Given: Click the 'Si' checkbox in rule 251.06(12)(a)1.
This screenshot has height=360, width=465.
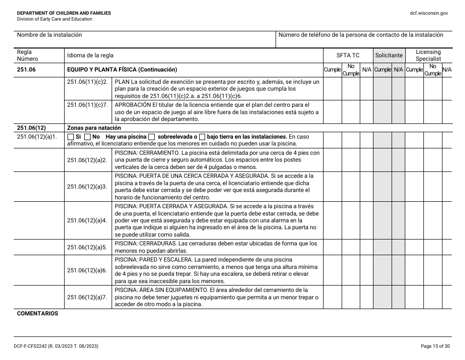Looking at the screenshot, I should pyautogui.click(x=71, y=137).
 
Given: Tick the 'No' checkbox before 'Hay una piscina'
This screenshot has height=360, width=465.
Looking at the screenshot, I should pyautogui.click(x=88, y=137).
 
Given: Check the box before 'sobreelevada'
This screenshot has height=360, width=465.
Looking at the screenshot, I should pyautogui.click(x=152, y=137).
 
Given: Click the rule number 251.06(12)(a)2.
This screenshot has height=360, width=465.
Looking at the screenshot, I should pyautogui.click(x=87, y=160).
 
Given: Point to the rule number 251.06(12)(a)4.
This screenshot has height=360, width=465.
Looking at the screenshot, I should pyautogui.click(x=87, y=220).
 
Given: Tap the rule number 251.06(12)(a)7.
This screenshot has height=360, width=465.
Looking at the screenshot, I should pyautogui.click(x=87, y=297).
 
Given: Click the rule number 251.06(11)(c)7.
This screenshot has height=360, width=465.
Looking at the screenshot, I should pyautogui.click(x=87, y=105).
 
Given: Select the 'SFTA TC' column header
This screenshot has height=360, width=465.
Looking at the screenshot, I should pyautogui.click(x=348, y=56).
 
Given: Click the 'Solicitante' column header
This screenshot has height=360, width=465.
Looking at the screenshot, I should pyautogui.click(x=389, y=56).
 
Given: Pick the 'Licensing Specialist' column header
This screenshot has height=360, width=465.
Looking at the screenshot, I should pyautogui.click(x=428, y=55).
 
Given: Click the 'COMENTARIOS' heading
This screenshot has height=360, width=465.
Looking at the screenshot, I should pyautogui.click(x=37, y=313).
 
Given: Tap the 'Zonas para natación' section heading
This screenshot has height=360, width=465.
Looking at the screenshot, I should pyautogui.click(x=94, y=128).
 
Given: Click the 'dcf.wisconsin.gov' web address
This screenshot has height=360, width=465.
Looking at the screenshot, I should pyautogui.click(x=429, y=13).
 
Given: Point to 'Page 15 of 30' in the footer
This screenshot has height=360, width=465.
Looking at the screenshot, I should pyautogui.click(x=435, y=347).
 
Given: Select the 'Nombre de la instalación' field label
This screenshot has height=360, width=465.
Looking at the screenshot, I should pyautogui.click(x=49, y=35).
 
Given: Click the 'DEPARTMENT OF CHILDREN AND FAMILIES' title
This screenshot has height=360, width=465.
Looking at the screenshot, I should pyautogui.click(x=64, y=13).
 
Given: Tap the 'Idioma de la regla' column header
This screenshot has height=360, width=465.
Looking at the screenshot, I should pyautogui.click(x=90, y=56).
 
